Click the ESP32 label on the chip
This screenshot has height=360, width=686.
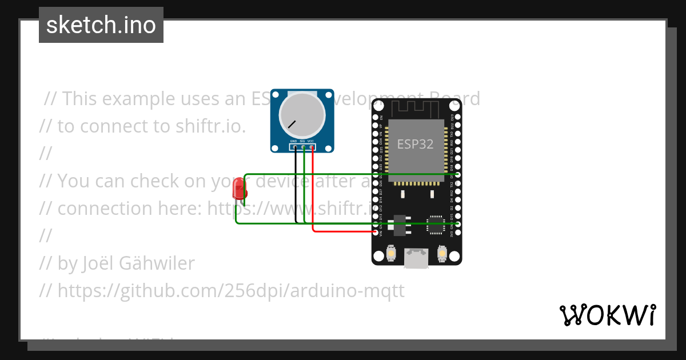coord(415,144)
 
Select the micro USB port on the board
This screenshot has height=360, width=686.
coord(416,258)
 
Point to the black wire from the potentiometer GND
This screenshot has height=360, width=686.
coord(296,189)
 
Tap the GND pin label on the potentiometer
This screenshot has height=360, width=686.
coord(293,141)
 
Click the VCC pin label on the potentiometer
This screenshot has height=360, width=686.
coord(310,141)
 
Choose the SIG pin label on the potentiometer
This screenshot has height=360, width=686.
coord(302,141)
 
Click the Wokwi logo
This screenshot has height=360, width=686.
coord(607,315)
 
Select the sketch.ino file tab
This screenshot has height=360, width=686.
coord(101,25)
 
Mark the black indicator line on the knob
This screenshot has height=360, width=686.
coord(292,124)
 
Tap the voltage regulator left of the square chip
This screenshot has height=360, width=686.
coord(400,225)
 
